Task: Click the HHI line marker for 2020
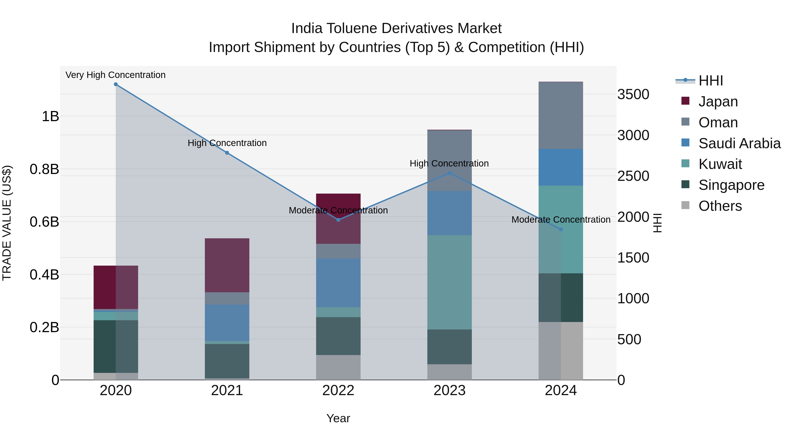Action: pos(116,84)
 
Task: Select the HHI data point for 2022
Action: pos(338,220)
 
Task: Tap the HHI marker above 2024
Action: pos(561,229)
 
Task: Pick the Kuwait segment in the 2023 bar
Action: pos(449,282)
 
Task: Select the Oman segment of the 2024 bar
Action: pos(561,115)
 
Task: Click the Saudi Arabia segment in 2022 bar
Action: pos(338,283)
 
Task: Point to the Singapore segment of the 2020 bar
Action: pos(116,346)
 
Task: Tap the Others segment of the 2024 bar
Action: pos(561,351)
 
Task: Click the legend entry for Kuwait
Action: pos(720,164)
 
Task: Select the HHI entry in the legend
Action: pos(710,81)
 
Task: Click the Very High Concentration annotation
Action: pos(115,75)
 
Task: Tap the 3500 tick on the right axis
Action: pos(633,94)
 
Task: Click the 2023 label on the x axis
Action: pos(449,390)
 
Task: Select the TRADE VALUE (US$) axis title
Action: pos(7,223)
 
